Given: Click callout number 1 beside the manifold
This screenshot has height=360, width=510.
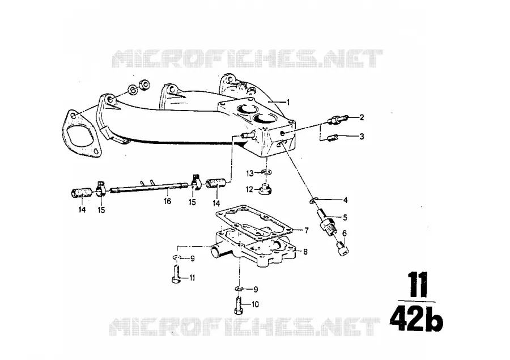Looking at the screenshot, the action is coord(287,102).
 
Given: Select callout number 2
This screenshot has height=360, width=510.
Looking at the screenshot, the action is coord(362,117).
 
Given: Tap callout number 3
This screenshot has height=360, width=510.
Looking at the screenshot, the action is coord(362,137).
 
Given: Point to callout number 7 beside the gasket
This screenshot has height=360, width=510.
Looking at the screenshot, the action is coord(306,230).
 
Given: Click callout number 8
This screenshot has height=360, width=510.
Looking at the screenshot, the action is coord(305,251).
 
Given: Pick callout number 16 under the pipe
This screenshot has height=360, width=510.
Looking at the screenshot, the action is coord(168,201).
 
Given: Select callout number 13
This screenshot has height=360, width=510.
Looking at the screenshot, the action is coord(250,173).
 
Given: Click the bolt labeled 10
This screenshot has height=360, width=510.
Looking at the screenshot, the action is coord(237,306).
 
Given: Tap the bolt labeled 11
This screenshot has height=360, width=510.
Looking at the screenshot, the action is coord(175,276).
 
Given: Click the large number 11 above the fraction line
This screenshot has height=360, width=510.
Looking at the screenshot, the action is coord(417,286).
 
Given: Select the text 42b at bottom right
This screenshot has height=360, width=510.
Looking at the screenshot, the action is coord(416,319).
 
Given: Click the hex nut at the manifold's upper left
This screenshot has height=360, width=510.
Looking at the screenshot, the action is coord(144,84).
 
